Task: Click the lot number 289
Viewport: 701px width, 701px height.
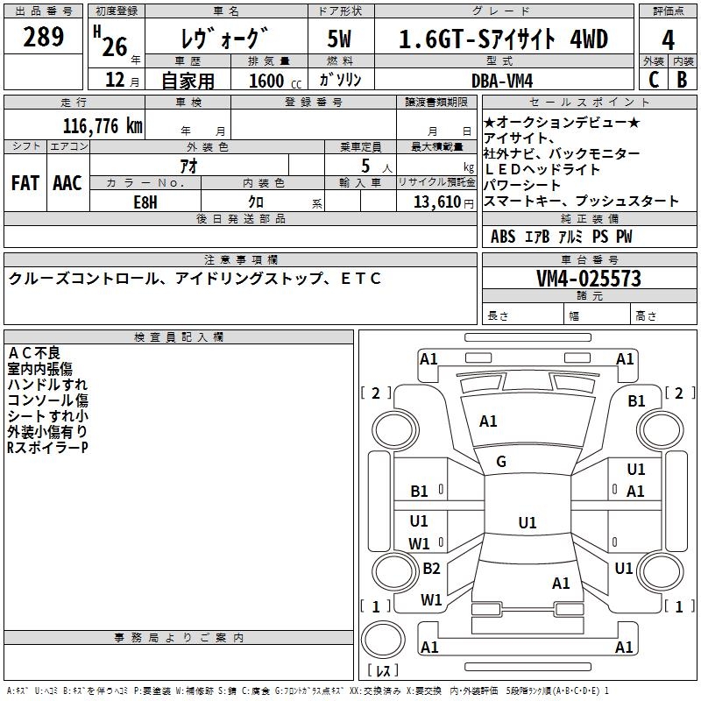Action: tap(44, 37)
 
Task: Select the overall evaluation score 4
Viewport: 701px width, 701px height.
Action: tap(669, 39)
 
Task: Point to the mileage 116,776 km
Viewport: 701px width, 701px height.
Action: tap(103, 126)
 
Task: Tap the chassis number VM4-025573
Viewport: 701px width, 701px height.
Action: tap(589, 279)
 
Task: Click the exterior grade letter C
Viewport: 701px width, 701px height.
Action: tap(653, 80)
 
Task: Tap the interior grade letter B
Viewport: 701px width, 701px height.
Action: tap(682, 80)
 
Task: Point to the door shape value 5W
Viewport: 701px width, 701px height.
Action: tap(341, 39)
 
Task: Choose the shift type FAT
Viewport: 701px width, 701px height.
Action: tap(25, 183)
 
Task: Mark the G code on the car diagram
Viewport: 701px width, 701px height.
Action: tap(501, 462)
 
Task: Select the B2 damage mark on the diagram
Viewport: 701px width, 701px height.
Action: tap(431, 569)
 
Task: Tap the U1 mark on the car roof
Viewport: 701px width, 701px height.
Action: tap(527, 523)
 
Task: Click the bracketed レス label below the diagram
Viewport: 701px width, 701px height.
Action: tap(383, 671)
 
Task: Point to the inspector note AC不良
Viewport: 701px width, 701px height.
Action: tap(34, 352)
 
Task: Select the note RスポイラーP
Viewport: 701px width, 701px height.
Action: tap(47, 448)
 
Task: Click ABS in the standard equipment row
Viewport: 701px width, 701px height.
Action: tap(503, 237)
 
